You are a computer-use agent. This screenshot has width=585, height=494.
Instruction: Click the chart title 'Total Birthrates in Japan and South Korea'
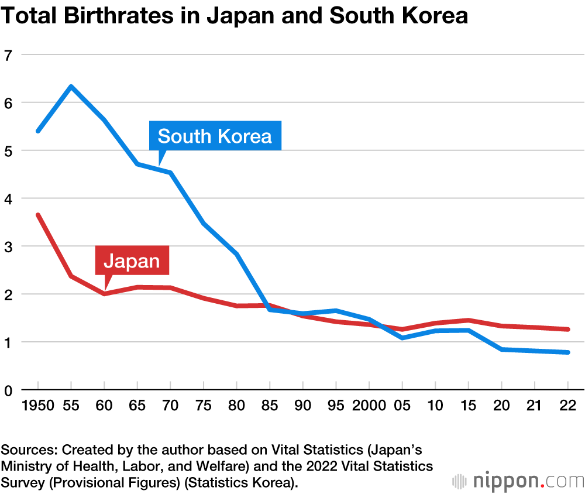coord(234,16)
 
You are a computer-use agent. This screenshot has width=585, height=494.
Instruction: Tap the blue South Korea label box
coord(215,136)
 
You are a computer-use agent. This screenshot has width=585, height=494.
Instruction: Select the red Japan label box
coord(132,260)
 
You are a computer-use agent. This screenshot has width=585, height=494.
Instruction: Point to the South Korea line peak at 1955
coord(71,87)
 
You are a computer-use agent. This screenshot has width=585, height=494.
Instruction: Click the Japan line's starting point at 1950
coord(38,215)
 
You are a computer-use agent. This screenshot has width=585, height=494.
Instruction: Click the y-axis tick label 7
coord(8,55)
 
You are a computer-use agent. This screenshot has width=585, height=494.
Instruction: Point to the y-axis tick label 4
coord(8,198)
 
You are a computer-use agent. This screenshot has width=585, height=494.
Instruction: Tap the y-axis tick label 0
coord(8,390)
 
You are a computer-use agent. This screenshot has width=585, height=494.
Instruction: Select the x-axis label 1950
coord(38,405)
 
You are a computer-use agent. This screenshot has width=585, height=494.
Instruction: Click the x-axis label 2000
coord(369,405)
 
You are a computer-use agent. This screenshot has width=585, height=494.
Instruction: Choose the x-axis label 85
coord(270,405)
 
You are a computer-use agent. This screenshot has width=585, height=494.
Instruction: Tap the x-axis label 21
coord(534,405)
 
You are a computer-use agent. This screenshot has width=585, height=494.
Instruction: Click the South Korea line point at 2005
coord(402,338)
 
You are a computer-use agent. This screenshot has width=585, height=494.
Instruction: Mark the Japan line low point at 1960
coord(104,293)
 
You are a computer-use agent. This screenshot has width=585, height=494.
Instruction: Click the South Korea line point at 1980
coord(236,254)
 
